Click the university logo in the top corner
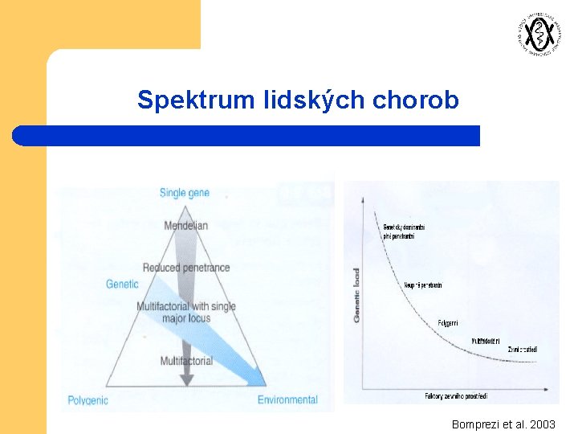pyautogui.click(x=535, y=34)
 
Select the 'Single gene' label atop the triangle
pyautogui.click(x=185, y=193)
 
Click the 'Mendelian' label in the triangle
pyautogui.click(x=185, y=226)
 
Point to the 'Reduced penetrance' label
pyautogui.click(x=185, y=268)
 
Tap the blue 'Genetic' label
pyautogui.click(x=122, y=284)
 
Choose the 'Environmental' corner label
pyautogui.click(x=287, y=399)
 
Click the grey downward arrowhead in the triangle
pyautogui.click(x=186, y=379)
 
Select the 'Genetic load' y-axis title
pyautogui.click(x=356, y=295)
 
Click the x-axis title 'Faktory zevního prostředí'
pyautogui.click(x=456, y=396)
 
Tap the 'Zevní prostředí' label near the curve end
pyautogui.click(x=523, y=350)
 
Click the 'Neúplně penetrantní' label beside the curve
pyautogui.click(x=424, y=285)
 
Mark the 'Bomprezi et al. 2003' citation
pyautogui.click(x=503, y=424)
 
